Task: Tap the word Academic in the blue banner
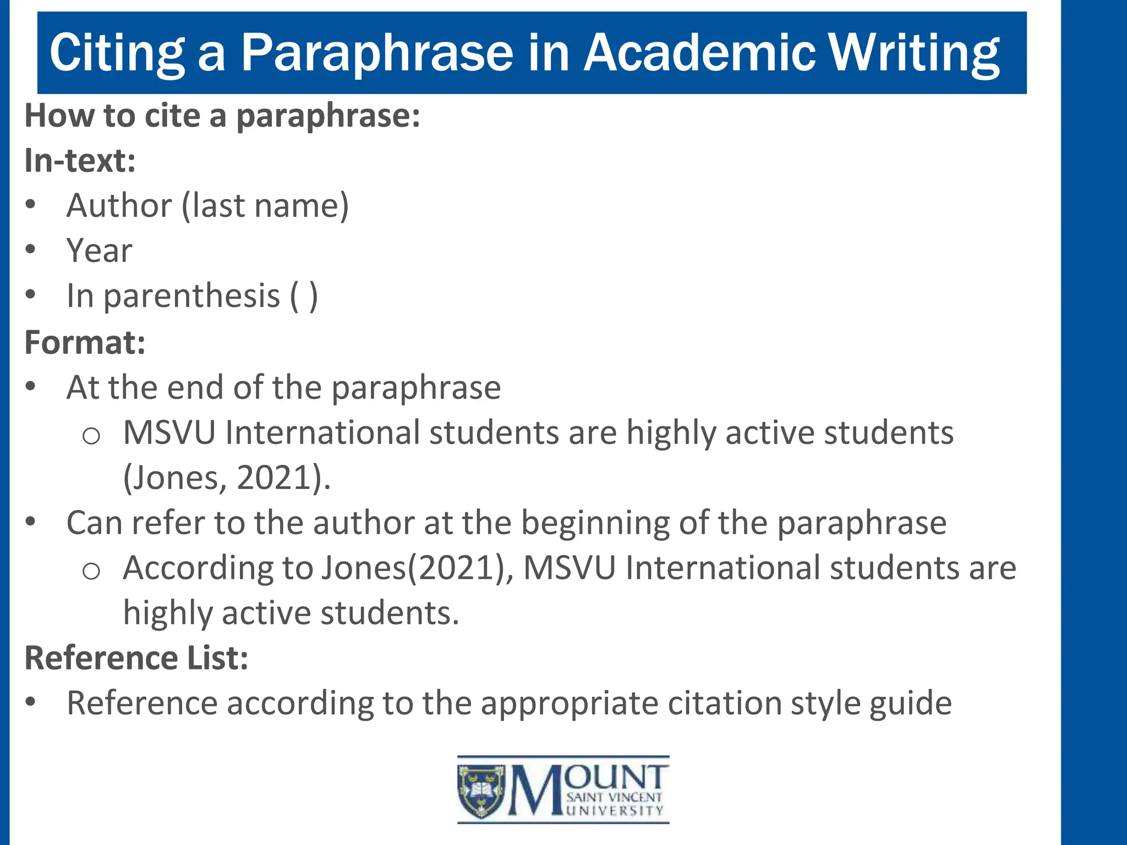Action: (699, 52)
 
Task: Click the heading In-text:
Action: (80, 161)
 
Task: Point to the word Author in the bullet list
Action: (119, 206)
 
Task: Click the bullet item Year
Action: (100, 251)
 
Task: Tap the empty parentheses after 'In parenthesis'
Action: (304, 297)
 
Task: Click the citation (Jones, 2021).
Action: (226, 478)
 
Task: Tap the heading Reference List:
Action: (136, 658)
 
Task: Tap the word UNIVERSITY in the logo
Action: (615, 811)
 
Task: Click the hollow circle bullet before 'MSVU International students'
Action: (91, 436)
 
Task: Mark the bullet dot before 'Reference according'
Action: (31, 702)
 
